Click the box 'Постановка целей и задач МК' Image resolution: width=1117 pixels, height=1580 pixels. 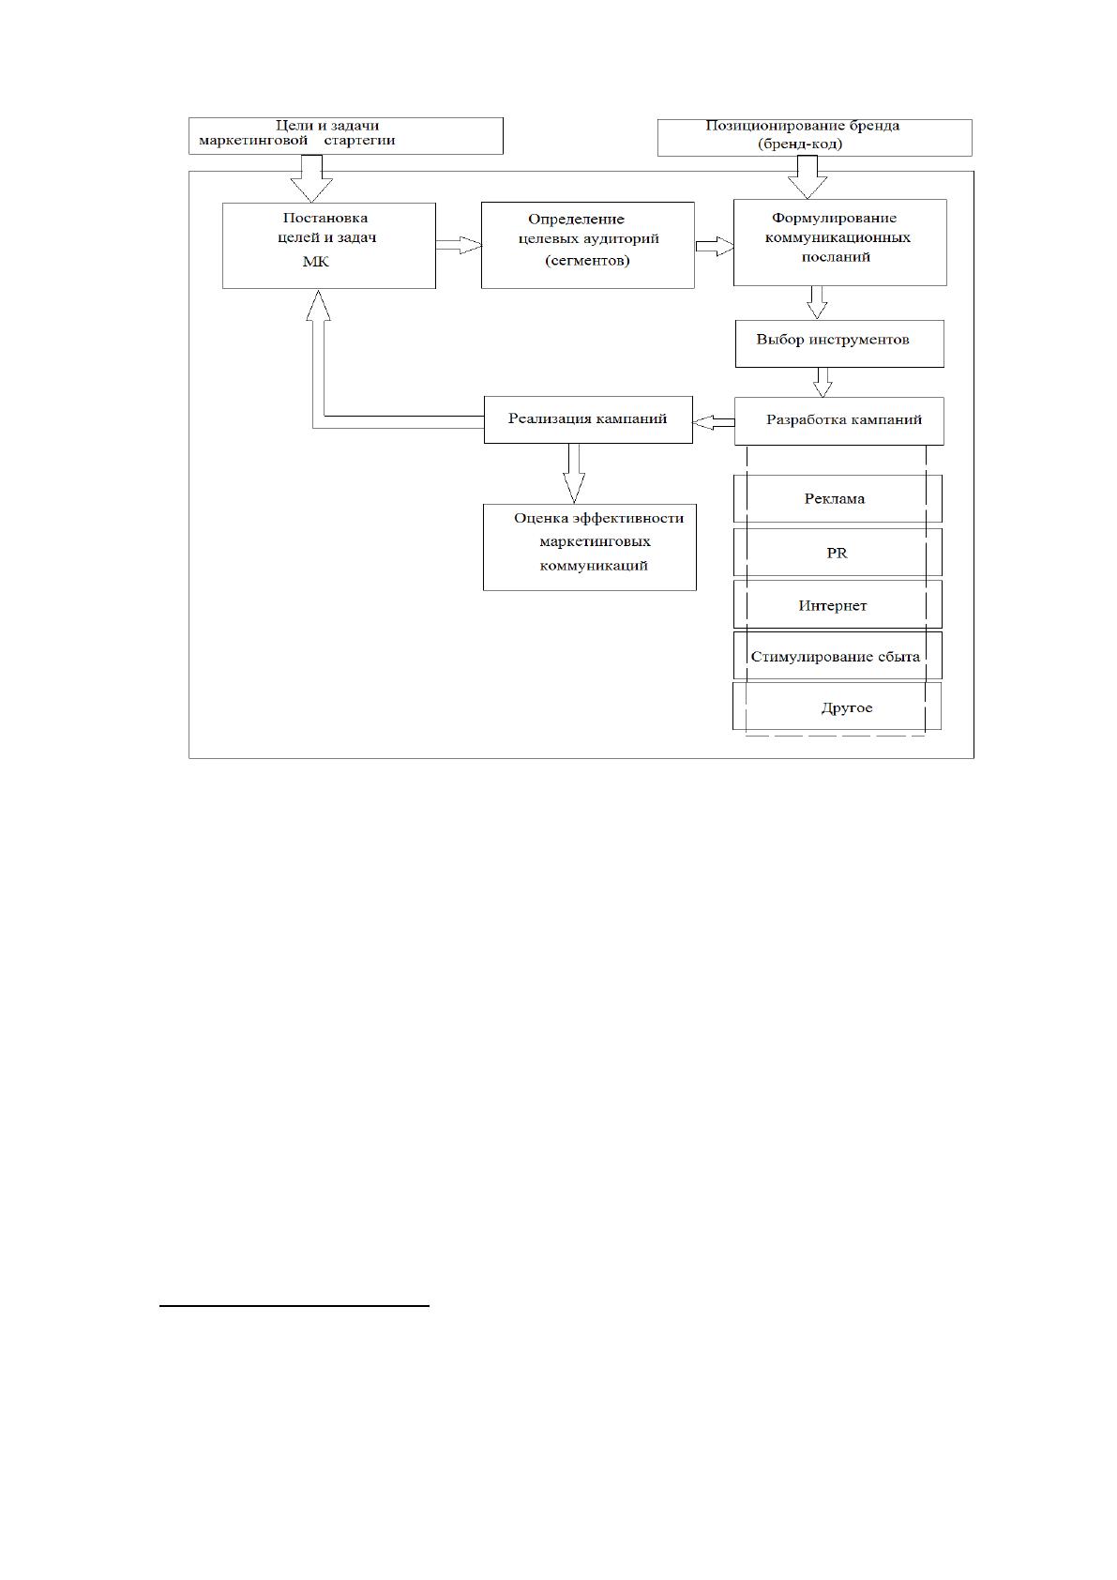tap(328, 246)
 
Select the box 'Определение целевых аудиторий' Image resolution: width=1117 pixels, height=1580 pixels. tap(587, 245)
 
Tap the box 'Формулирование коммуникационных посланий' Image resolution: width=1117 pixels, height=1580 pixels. tap(840, 242)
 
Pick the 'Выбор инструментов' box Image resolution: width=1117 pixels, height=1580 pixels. tap(839, 343)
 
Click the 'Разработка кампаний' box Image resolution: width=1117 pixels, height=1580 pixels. tap(839, 421)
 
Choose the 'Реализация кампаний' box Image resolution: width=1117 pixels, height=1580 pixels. tap(588, 419)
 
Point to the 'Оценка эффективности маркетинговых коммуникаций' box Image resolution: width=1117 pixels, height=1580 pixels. tap(590, 547)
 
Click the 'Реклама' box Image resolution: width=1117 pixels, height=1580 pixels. tap(838, 499)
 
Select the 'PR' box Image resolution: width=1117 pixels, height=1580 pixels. tap(838, 553)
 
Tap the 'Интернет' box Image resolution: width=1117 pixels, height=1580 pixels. tap(838, 604)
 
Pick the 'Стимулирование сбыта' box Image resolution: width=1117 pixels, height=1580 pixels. tap(838, 656)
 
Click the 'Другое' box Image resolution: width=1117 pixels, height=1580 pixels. tap(837, 706)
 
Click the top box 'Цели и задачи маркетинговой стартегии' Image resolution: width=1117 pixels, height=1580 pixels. tap(345, 135)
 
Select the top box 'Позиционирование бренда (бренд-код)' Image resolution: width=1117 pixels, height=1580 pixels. tap(814, 138)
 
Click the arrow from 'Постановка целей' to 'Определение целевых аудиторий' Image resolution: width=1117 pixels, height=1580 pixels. tap(459, 245)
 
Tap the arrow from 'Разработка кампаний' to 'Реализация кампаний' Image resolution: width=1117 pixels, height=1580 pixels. tap(714, 422)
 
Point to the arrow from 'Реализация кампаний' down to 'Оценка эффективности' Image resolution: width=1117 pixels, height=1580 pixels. tap(574, 473)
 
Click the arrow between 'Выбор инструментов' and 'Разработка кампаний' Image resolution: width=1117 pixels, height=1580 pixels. tap(823, 382)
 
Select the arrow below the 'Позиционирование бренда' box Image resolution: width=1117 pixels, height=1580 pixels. tap(808, 177)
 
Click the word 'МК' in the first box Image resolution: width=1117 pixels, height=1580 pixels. tap(316, 262)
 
